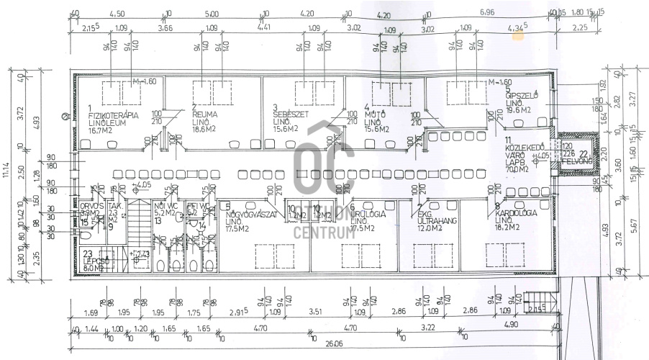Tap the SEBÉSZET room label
coord(290,113)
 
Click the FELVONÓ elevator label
coord(577,162)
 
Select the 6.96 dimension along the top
coord(487,13)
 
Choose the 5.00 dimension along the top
coord(212,13)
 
